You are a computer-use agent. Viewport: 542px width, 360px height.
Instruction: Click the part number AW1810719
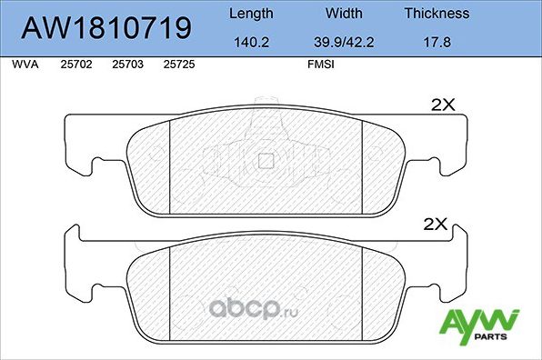tap(106, 27)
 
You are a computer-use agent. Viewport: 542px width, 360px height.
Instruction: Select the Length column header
tap(251, 14)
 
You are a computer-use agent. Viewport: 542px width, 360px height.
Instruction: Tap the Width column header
tap(344, 14)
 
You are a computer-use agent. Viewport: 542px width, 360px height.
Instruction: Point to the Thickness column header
tap(437, 14)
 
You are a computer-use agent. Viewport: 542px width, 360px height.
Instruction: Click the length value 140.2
tap(251, 42)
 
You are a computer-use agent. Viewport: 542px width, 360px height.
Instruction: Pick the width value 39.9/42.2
tap(344, 42)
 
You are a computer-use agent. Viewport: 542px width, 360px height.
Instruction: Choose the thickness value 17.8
tap(437, 42)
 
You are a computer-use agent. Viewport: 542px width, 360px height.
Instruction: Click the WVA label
tap(25, 65)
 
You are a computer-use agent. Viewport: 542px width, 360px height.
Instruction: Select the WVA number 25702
tap(76, 65)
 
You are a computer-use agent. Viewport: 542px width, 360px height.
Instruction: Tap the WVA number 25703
tap(127, 65)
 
